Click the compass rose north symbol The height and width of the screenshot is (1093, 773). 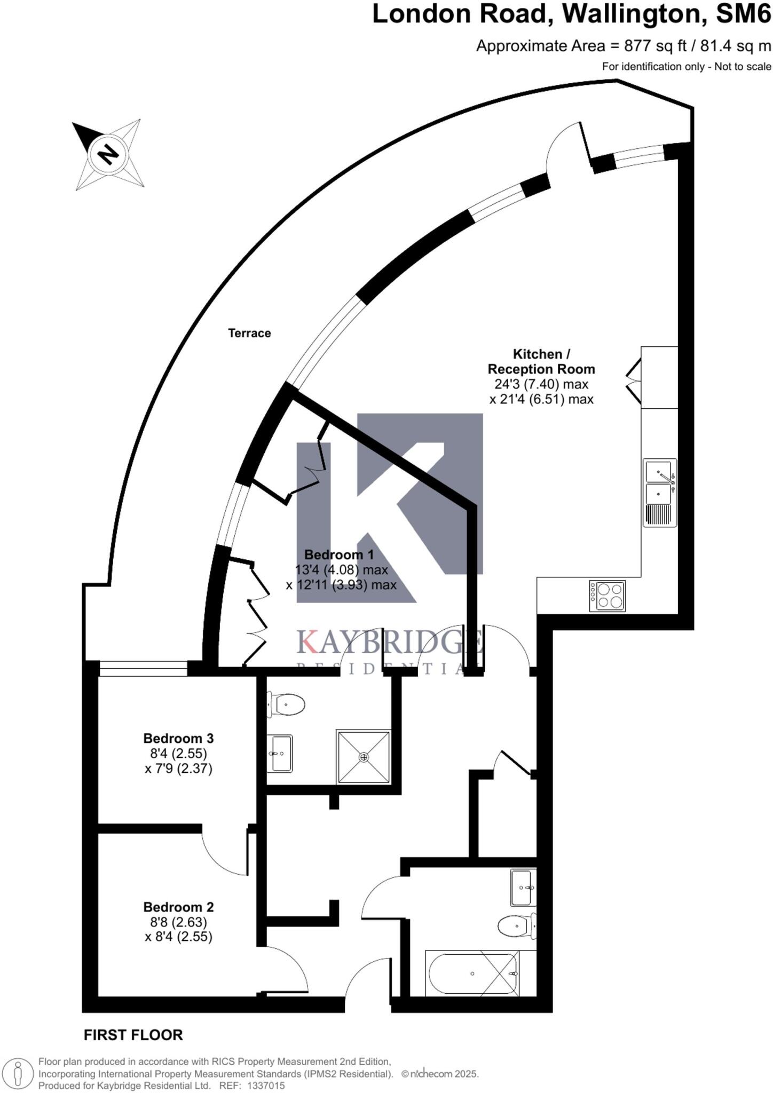(x=108, y=155)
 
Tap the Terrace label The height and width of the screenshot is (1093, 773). (x=249, y=333)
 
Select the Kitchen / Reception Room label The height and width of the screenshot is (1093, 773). (x=541, y=361)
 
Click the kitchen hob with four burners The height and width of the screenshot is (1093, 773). (x=608, y=596)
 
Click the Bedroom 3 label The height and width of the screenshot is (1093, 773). (x=178, y=739)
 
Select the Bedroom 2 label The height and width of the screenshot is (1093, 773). (x=178, y=907)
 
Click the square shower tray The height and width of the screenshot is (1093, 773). (x=364, y=757)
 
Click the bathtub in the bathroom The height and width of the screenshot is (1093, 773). (x=472, y=973)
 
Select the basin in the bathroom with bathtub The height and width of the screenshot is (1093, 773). (x=522, y=887)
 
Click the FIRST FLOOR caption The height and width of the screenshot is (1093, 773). (x=133, y=1035)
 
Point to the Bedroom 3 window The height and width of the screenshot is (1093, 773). (x=143, y=669)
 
